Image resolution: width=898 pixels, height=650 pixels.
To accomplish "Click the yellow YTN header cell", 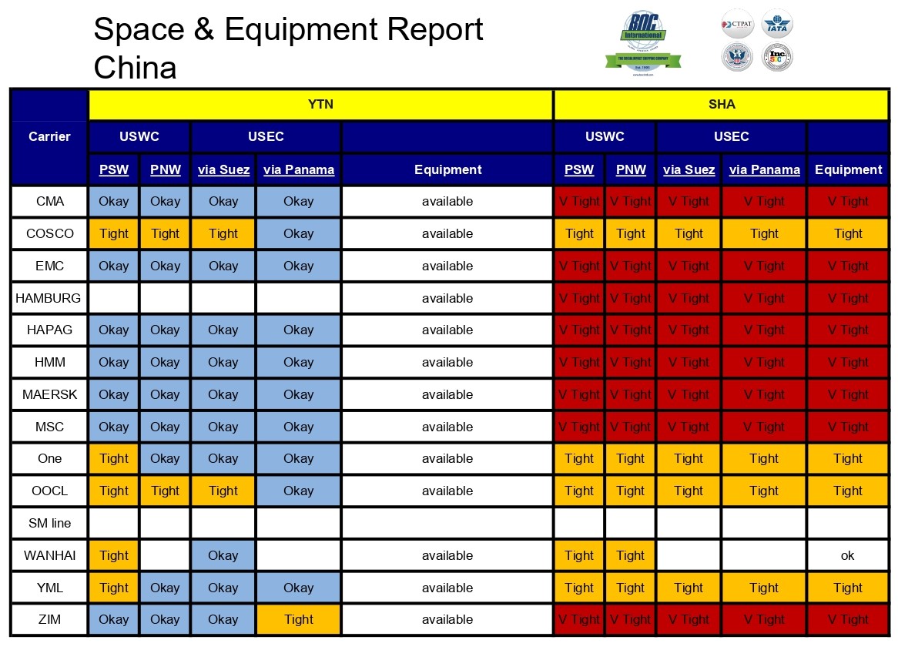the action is click(x=320, y=105).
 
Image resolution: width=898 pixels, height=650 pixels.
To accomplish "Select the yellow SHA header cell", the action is click(x=721, y=105).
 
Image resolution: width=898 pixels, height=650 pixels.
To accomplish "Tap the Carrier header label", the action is click(x=49, y=137).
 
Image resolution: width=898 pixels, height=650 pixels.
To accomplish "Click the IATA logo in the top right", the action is click(x=777, y=25).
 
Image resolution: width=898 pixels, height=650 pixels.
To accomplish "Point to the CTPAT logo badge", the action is click(x=736, y=25).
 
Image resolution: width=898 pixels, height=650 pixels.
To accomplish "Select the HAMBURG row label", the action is click(x=49, y=298).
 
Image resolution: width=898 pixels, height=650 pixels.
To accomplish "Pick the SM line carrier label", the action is click(x=49, y=523).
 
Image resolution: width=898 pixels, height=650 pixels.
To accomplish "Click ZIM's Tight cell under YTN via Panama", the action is click(x=298, y=619).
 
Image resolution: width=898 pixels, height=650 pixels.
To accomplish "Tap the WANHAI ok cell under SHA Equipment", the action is click(x=848, y=555).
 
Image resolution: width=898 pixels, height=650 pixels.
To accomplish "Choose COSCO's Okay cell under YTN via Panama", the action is click(x=298, y=233).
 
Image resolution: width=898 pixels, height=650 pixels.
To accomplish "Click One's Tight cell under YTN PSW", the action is click(x=114, y=458).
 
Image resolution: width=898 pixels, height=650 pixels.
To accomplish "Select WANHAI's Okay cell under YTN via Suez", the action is click(x=223, y=555).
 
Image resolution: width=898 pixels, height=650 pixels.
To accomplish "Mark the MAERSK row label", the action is click(x=49, y=394).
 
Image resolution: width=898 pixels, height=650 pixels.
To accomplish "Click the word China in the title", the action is click(x=136, y=68).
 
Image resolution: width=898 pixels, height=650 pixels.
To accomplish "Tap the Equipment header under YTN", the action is click(x=447, y=169).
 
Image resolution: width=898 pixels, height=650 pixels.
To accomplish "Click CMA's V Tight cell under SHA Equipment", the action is click(x=848, y=202).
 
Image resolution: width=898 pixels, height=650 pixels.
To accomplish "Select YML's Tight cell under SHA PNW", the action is click(x=630, y=588).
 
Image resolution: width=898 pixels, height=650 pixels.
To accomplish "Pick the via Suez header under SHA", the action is click(x=689, y=169).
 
